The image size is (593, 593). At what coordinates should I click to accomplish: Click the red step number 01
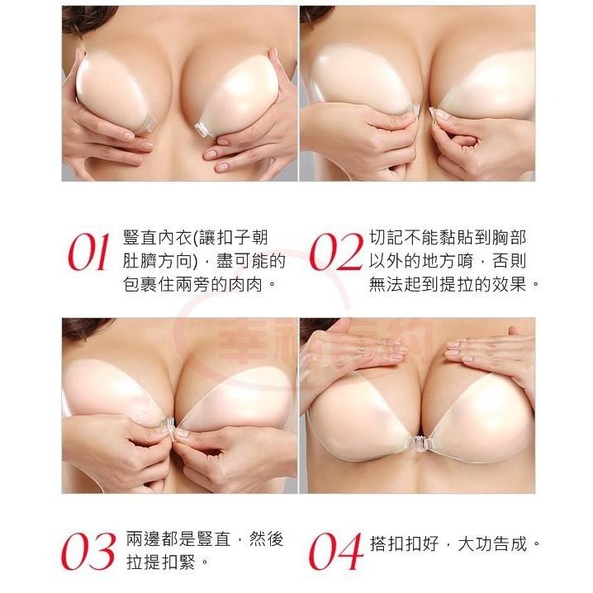pyautogui.click(x=88, y=254)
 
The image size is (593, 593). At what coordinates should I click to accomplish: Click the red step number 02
pyautogui.click(x=335, y=254)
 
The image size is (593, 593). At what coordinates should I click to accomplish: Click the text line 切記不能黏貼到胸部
pyautogui.click(x=447, y=238)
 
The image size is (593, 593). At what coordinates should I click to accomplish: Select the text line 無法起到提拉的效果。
pyautogui.click(x=455, y=285)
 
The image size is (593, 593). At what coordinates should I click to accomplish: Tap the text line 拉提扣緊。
pyautogui.click(x=165, y=562)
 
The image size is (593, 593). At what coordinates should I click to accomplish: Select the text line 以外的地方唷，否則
pyautogui.click(x=447, y=261)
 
